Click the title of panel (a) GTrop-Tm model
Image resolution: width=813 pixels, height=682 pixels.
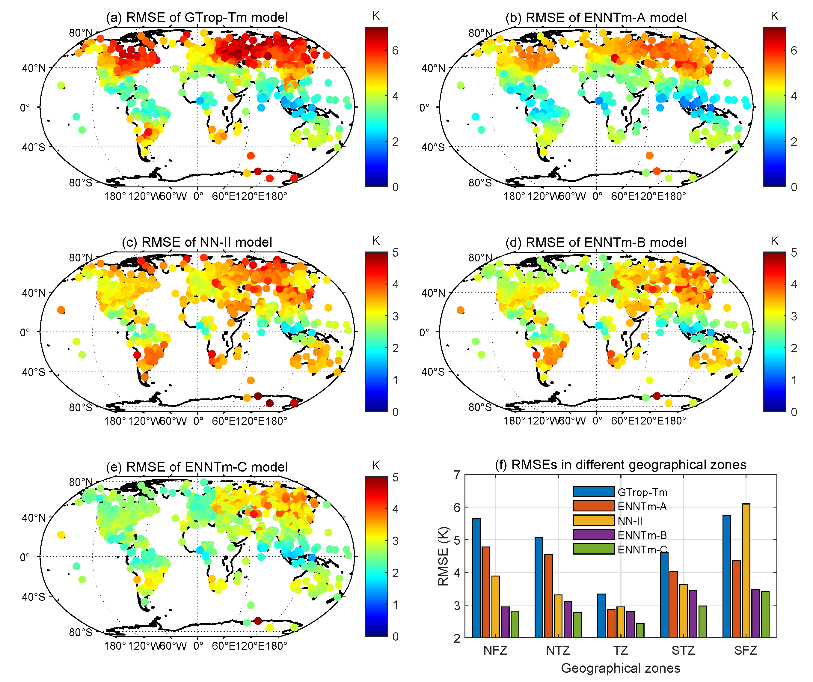[197, 17]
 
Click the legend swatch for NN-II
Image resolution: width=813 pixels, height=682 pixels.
[593, 520]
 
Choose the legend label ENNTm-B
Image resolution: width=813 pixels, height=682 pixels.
[642, 535]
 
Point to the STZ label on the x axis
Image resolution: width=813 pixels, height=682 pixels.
[683, 650]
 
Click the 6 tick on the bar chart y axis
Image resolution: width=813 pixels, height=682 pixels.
[457, 507]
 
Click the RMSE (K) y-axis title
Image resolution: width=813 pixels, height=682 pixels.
[443, 556]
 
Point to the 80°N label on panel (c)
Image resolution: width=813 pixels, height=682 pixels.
[81, 258]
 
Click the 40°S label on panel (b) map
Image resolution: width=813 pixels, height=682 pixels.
[432, 147]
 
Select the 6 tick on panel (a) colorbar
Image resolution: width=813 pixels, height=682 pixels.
[395, 50]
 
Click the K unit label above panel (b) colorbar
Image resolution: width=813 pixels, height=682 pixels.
[774, 16]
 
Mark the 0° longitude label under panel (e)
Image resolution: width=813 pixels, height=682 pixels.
[198, 646]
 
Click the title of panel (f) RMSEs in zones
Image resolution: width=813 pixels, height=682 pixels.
[620, 465]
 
